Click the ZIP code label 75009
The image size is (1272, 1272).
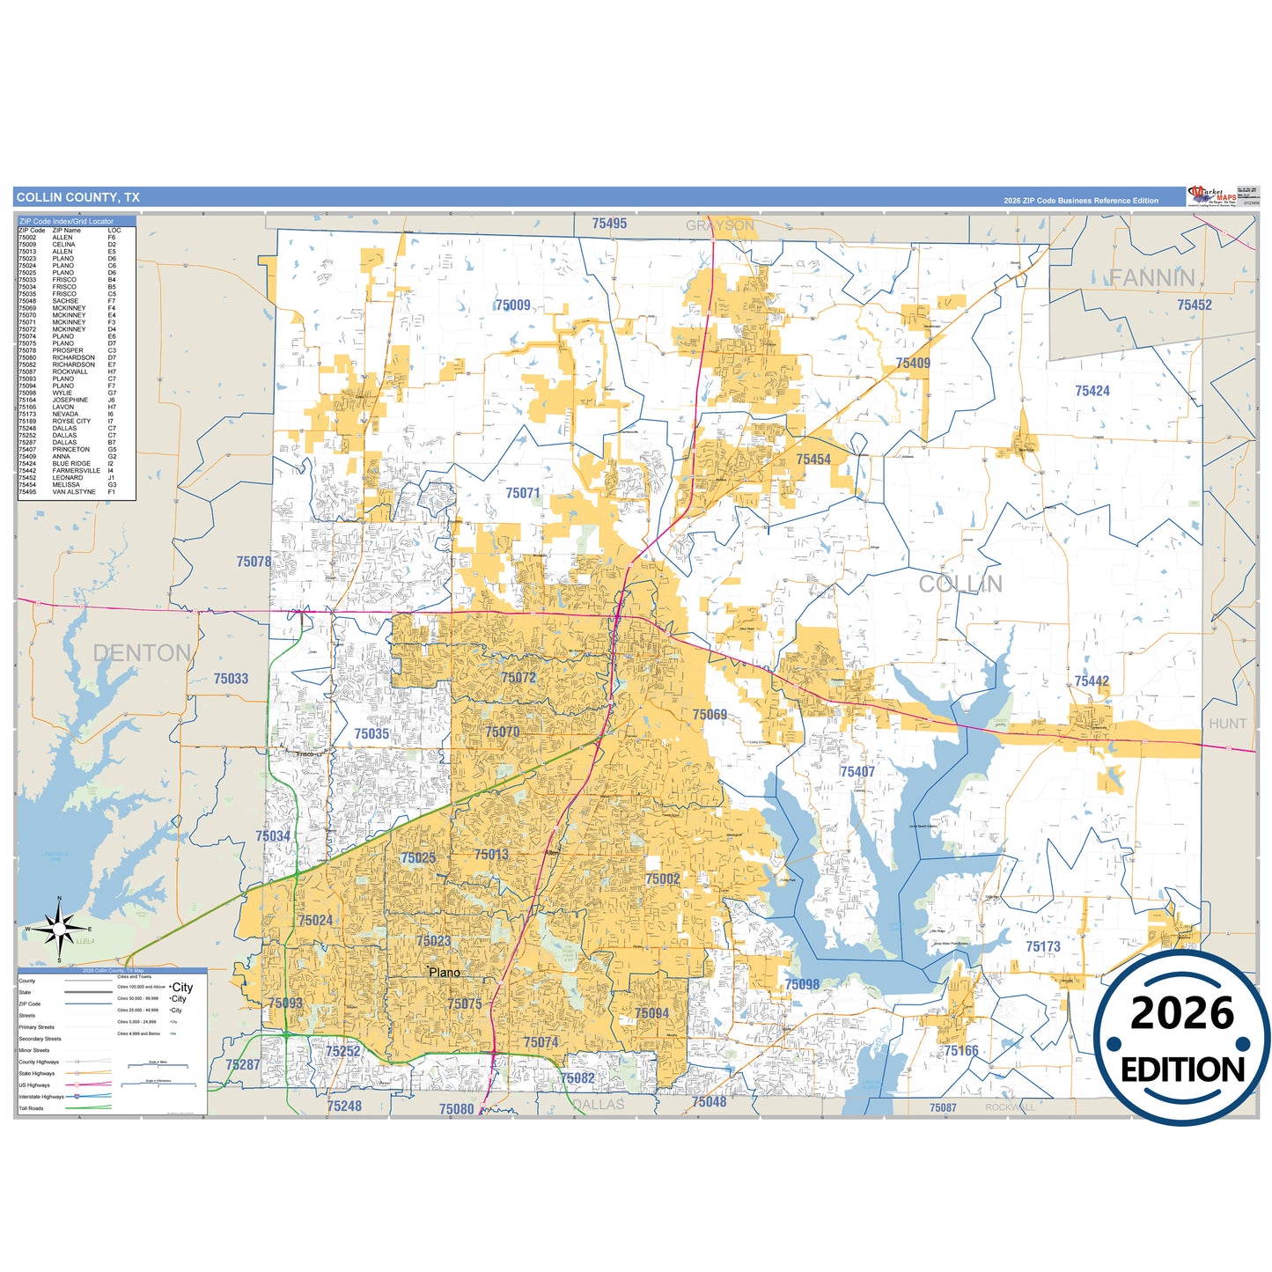click(x=512, y=305)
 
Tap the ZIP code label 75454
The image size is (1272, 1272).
click(x=813, y=460)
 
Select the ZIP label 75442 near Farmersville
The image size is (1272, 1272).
click(x=1092, y=681)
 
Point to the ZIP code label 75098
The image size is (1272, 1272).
click(x=802, y=984)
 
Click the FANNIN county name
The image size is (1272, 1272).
click(x=1151, y=278)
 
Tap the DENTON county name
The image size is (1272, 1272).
click(x=142, y=653)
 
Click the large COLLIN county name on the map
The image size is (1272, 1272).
click(x=960, y=585)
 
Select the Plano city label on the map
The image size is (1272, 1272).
click(x=445, y=973)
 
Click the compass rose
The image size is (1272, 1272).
click(x=58, y=929)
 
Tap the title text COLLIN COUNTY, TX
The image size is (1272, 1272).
click(x=78, y=197)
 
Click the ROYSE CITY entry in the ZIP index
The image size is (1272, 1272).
click(x=71, y=422)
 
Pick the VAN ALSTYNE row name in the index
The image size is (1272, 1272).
click(x=74, y=492)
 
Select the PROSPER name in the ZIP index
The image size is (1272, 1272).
click(x=68, y=350)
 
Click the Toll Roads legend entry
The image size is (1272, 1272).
click(x=31, y=1108)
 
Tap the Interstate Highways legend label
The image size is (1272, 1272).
click(x=41, y=1097)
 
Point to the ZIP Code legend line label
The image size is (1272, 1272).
click(x=30, y=1004)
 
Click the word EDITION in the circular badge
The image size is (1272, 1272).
click(x=1182, y=1070)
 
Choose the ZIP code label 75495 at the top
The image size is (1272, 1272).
click(x=609, y=224)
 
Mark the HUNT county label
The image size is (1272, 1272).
click(x=1227, y=724)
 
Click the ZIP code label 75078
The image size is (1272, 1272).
click(x=254, y=562)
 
